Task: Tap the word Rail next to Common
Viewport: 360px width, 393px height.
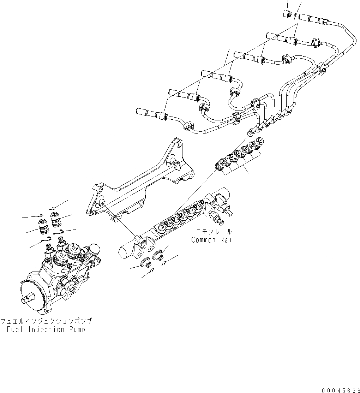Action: coord(228,240)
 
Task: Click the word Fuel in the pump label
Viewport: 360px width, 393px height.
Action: coord(16,329)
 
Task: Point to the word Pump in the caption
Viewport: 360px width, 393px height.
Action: coord(77,329)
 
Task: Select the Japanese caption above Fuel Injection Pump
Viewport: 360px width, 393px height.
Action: coord(46,321)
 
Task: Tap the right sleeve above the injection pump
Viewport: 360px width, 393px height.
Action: coord(56,219)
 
